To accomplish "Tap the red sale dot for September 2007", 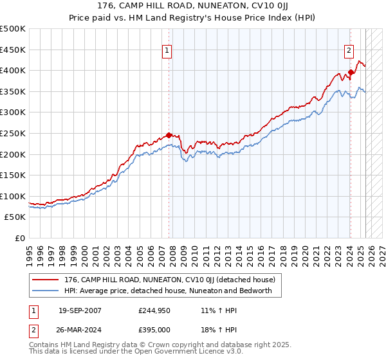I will [x=169, y=135].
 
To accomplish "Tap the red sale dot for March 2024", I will [x=351, y=72].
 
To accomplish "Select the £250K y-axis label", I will [x=13, y=133].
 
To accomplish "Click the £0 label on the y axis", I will [x=20, y=238].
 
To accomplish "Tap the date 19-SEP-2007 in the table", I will [x=80, y=310].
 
